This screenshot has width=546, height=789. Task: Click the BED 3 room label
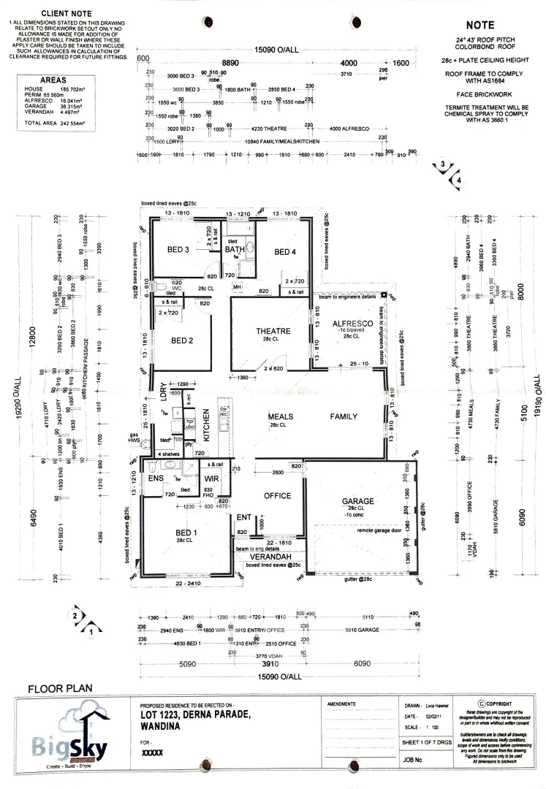coord(178,250)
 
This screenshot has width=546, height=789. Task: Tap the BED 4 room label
coord(285,252)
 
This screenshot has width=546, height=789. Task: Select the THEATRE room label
coord(273,331)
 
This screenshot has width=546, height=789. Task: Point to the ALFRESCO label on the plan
coord(352,323)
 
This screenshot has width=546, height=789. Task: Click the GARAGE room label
coord(357,502)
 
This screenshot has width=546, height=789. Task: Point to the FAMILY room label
coord(344,416)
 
